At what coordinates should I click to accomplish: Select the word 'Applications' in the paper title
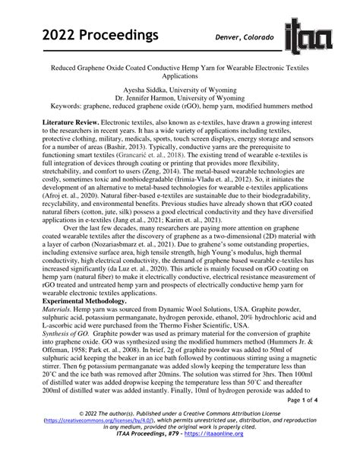coord(179,77)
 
